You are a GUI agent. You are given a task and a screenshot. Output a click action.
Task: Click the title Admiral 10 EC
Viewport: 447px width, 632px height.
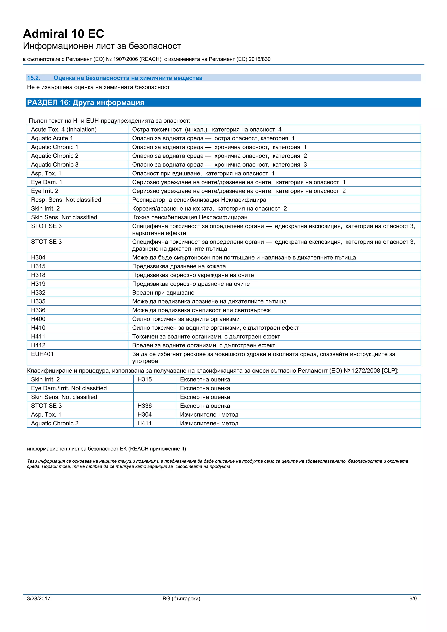tap(64, 34)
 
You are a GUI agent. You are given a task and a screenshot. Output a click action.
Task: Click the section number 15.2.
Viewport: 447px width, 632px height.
tap(34, 78)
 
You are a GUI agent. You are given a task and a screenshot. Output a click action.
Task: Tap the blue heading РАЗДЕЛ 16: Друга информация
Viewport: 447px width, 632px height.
tap(86, 102)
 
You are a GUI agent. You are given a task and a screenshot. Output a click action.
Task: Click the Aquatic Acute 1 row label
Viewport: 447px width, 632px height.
tap(52, 138)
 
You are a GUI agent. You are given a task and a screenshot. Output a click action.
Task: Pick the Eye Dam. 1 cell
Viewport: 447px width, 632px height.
tap(46, 182)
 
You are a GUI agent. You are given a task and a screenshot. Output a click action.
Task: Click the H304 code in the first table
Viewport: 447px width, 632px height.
tap(38, 257)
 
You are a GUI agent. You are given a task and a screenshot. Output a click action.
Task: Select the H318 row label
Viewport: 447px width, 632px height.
tap(38, 275)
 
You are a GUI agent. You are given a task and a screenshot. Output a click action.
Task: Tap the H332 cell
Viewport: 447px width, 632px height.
tap(38, 293)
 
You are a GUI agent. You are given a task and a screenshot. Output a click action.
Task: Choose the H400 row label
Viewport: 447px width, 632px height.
tap(38, 319)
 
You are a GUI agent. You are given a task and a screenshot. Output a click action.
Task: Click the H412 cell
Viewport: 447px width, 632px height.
tap(38, 345)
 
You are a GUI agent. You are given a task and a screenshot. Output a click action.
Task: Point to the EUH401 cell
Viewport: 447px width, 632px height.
tap(42, 354)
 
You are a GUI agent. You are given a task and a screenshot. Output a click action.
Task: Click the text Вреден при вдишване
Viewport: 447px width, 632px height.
tap(163, 293)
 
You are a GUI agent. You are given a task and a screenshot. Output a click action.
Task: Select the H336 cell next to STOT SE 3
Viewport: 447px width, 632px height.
tap(144, 406)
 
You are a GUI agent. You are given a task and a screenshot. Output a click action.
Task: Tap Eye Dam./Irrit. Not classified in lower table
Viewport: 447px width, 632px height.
tap(69, 388)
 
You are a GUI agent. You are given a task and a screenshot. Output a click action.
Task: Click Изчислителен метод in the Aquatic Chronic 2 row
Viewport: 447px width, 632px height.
tap(209, 423)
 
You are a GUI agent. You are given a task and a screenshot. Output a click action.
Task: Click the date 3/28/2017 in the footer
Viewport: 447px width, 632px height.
tap(39, 598)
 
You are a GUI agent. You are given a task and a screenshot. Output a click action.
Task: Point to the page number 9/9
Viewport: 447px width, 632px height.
tap(413, 598)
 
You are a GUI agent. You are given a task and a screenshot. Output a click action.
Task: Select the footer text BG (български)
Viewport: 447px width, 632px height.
tap(181, 598)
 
